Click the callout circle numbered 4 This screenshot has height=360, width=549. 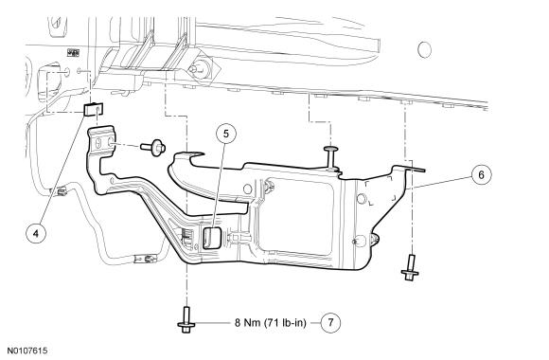pos(36,233)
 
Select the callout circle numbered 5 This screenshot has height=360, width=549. pos(226,134)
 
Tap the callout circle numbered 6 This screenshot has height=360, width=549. pos(481,174)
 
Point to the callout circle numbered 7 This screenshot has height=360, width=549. pos(330,322)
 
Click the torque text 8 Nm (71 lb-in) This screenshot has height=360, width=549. pos(271,322)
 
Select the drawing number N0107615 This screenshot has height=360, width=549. pos(27,351)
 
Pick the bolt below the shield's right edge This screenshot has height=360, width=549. pos(410,267)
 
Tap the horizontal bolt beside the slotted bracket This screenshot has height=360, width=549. pos(153,147)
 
